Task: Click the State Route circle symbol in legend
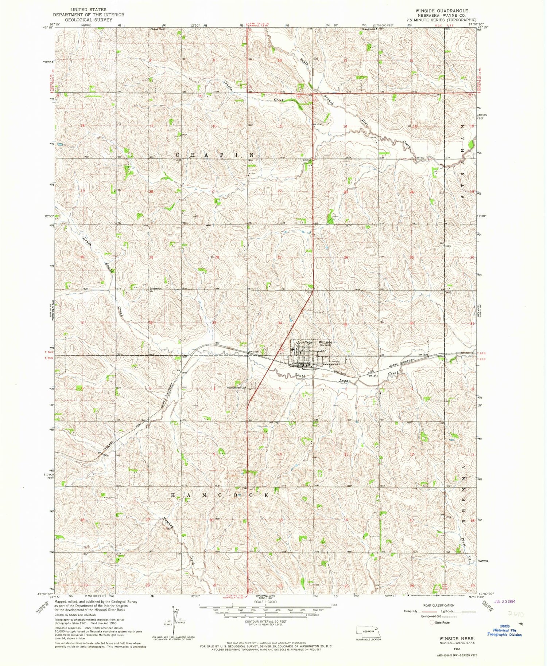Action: [x=433, y=622]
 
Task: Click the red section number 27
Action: [x=280, y=258]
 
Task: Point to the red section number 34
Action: [x=280, y=323]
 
